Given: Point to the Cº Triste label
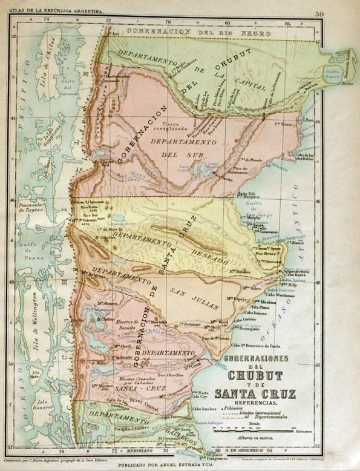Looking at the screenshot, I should point(286,124).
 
